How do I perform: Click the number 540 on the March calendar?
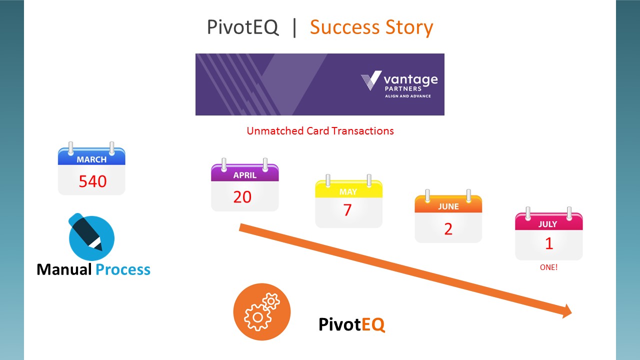(92, 181)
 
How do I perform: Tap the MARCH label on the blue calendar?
(91, 159)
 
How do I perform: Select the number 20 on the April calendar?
(242, 197)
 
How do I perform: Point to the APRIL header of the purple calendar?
(245, 175)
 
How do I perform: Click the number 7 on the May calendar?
(347, 210)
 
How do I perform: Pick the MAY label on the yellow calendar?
(348, 191)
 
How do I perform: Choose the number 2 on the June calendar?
(448, 229)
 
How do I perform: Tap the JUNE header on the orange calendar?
(448, 206)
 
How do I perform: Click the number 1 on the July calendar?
(549, 243)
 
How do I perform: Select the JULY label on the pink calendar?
(547, 224)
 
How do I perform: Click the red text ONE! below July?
(548, 267)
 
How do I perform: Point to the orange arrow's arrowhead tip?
(571, 312)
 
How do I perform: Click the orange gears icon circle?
(261, 311)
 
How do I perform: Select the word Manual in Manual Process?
(64, 269)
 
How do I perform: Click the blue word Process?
(123, 269)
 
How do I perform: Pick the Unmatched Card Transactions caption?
(320, 131)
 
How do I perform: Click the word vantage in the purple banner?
(410, 79)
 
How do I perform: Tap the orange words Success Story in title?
(371, 27)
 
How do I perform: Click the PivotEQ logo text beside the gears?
(351, 324)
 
